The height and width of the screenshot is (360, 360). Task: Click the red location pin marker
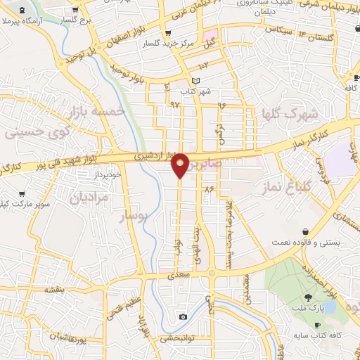coord(181,165)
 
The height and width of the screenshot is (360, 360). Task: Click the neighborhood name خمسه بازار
coord(97,112)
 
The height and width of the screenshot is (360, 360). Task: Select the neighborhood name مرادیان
coord(90,198)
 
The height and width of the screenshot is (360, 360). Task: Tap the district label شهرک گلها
coord(290,113)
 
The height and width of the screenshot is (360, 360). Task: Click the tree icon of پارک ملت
coord(309,298)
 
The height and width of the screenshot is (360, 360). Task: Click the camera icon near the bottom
coord(183,316)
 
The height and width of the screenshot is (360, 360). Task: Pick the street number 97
coord(175,104)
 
